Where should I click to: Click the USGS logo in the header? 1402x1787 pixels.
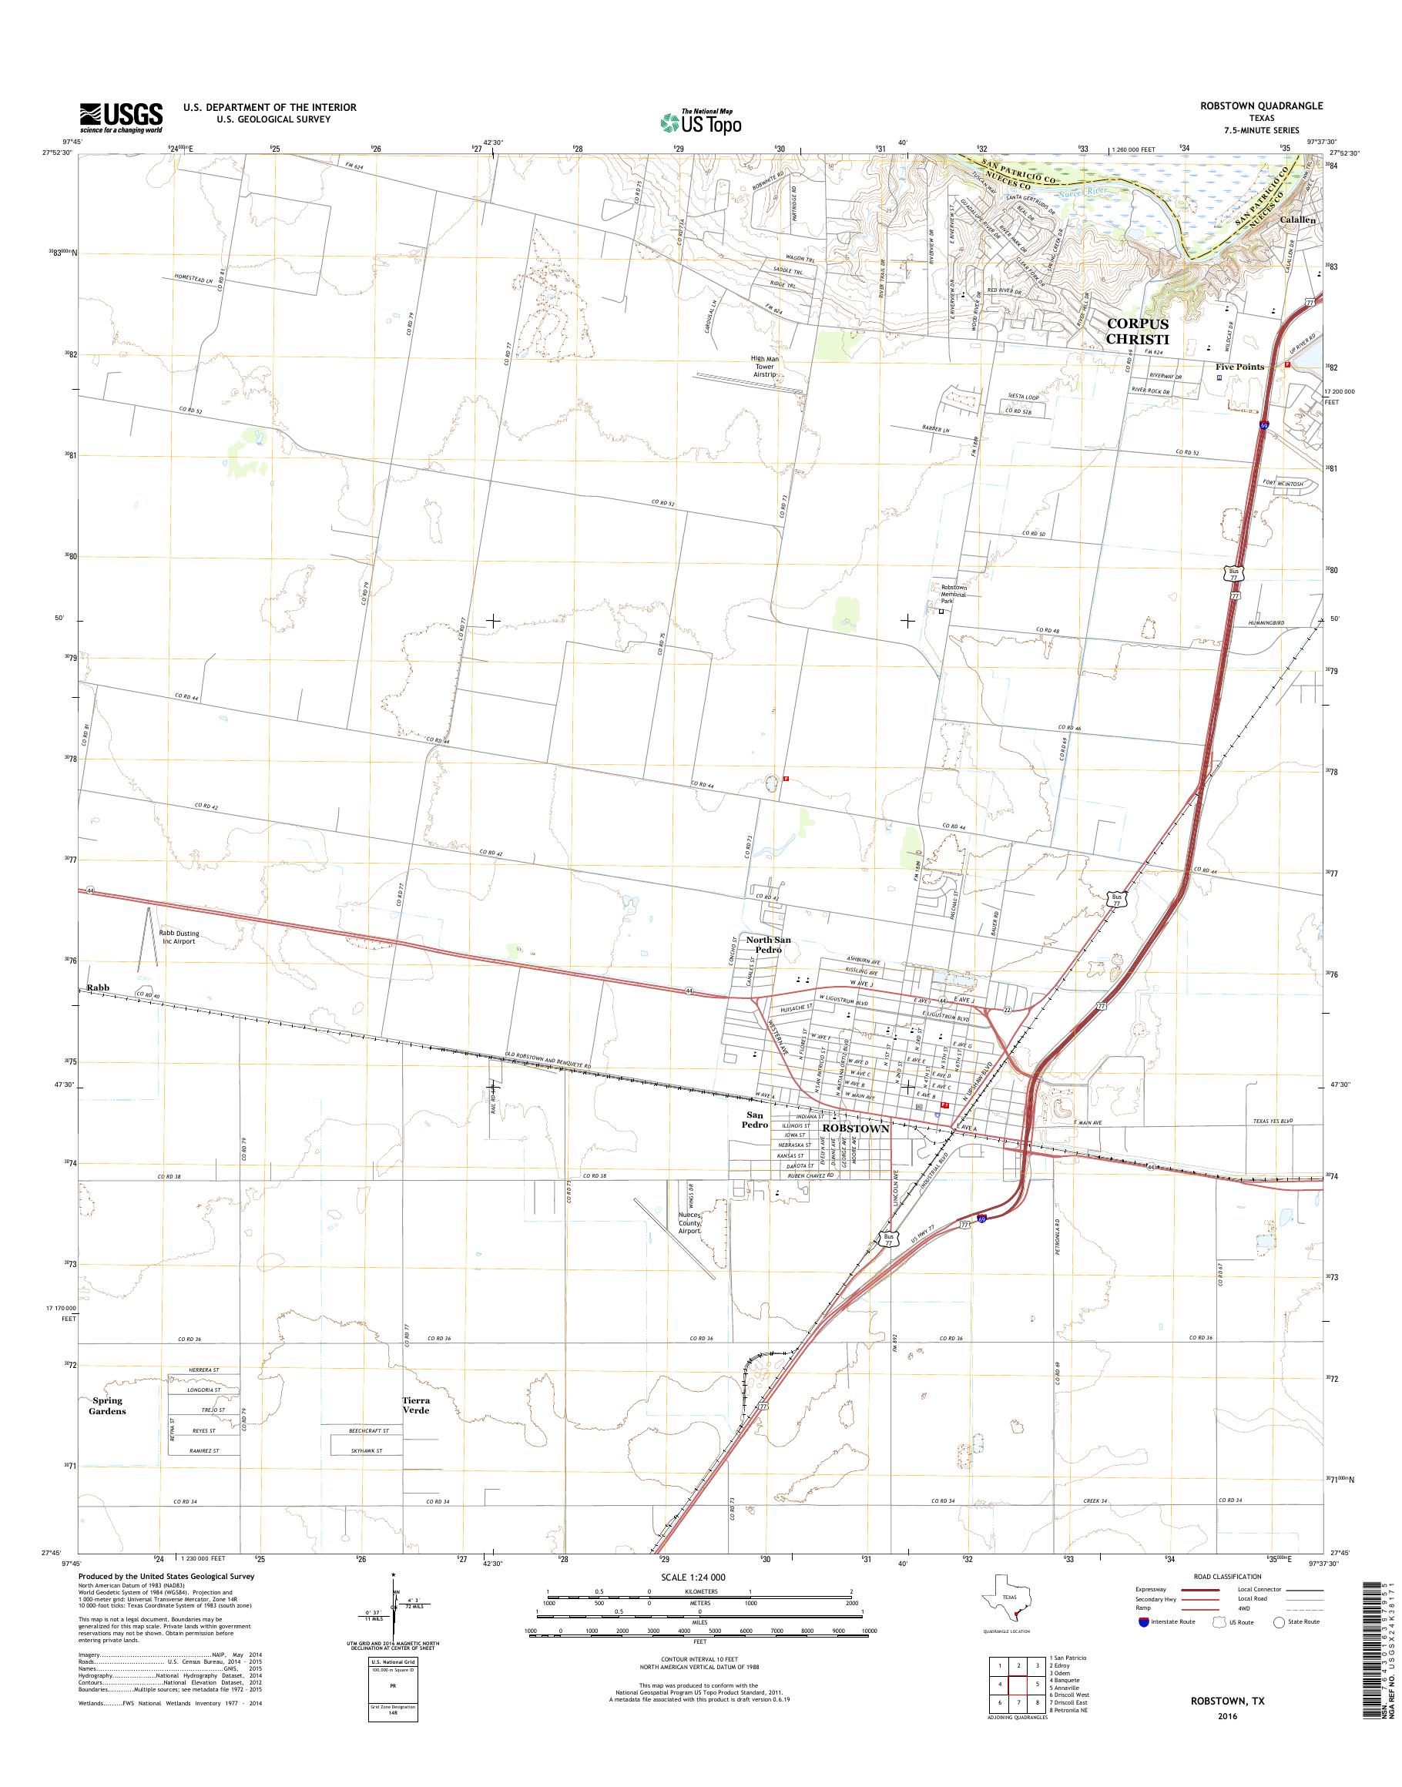click(121, 117)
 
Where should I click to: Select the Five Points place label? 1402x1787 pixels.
click(1239, 367)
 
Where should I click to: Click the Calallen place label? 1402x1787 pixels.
click(1297, 220)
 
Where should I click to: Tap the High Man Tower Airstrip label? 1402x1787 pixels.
click(763, 366)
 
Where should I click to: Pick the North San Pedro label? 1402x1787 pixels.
click(768, 944)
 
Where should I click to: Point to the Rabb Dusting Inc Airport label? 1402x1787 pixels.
click(179, 937)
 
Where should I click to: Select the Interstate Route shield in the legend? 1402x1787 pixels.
click(1144, 1622)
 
